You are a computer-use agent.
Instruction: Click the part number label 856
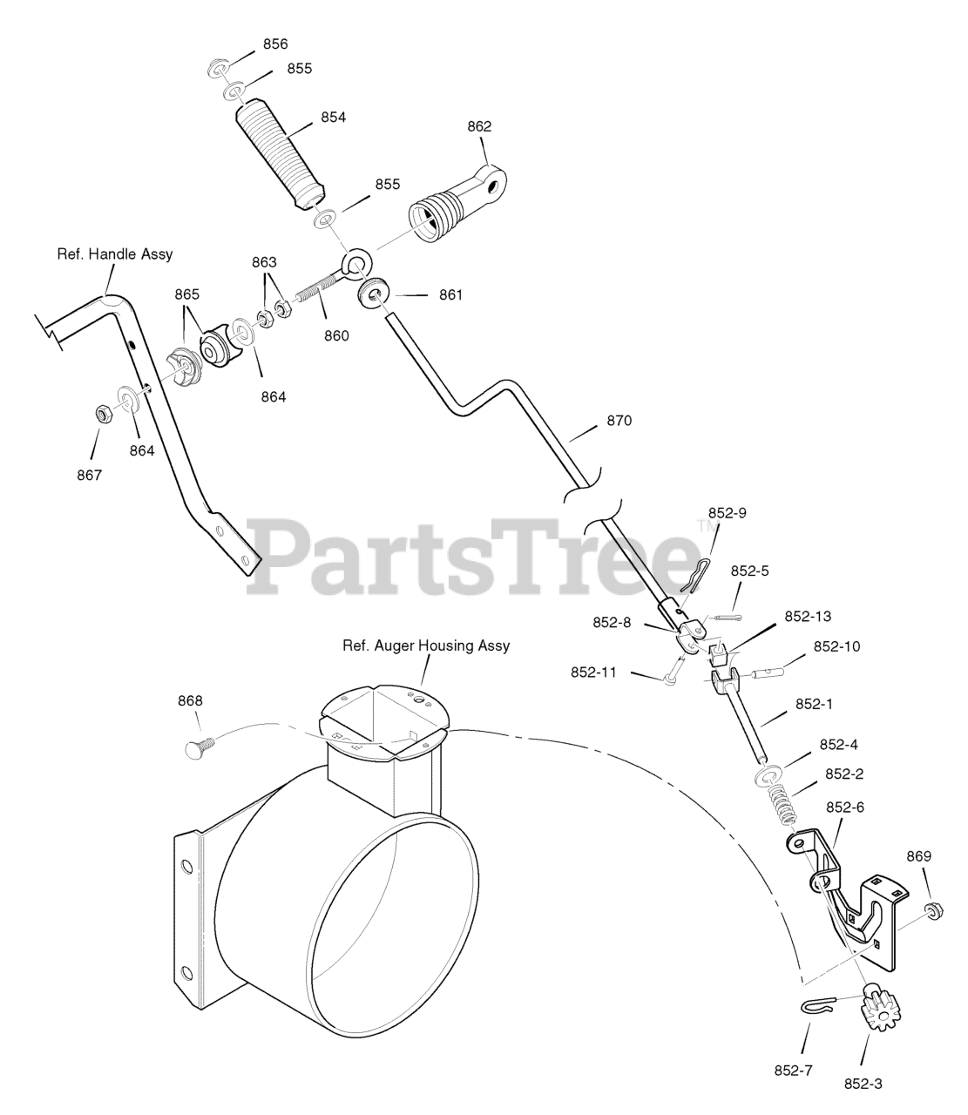click(274, 44)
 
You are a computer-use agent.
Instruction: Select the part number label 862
click(479, 126)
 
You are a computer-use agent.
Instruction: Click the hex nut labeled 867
click(101, 414)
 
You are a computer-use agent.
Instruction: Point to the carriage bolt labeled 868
click(199, 747)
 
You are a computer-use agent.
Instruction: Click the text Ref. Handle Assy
click(115, 254)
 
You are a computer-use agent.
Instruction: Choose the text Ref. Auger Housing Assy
click(425, 645)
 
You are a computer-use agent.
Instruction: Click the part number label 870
click(619, 421)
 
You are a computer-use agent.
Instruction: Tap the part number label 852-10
click(836, 646)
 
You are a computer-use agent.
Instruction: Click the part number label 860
click(336, 335)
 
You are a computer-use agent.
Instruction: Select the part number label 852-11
click(594, 672)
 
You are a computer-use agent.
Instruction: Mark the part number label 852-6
click(844, 807)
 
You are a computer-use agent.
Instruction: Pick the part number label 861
click(450, 295)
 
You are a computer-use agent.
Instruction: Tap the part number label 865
click(187, 294)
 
